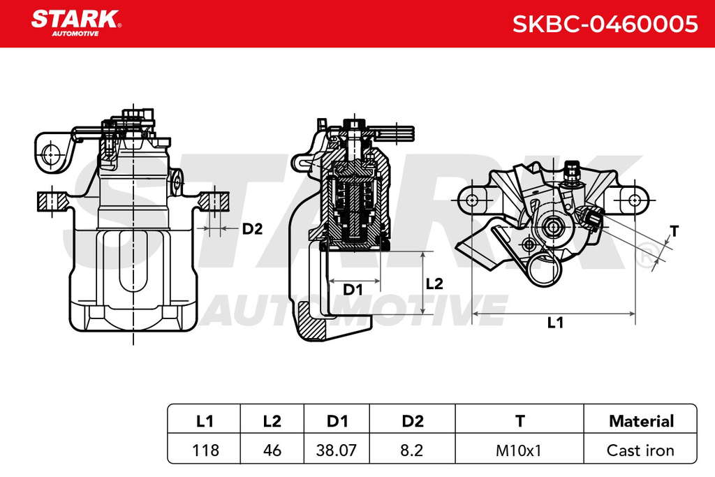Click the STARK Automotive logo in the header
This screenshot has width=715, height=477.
[75, 23]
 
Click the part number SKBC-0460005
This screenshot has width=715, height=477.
[605, 24]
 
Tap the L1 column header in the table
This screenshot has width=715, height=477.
[205, 420]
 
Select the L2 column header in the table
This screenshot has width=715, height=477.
[272, 420]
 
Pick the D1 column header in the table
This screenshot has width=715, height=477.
[337, 420]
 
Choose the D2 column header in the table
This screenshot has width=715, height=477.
[413, 420]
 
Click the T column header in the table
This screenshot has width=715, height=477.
[519, 420]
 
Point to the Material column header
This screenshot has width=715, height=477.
[641, 420]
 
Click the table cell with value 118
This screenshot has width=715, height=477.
[205, 450]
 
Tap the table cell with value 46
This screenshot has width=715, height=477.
[272, 450]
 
